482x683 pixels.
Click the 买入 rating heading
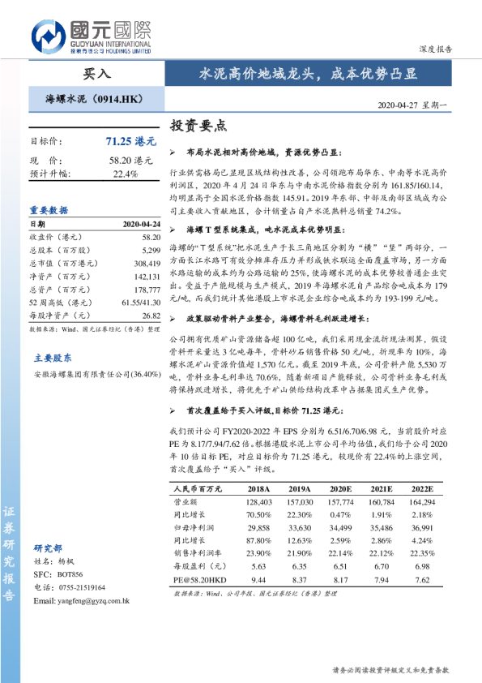click(97, 73)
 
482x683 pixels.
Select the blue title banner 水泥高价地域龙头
click(309, 74)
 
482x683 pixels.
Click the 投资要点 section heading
click(198, 127)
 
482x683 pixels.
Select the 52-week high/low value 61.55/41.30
click(136, 302)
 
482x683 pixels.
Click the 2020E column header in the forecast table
click(340, 490)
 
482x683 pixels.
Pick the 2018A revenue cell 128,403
click(258, 502)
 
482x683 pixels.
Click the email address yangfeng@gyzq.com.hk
click(81, 600)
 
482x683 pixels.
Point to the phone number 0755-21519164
click(82, 586)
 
